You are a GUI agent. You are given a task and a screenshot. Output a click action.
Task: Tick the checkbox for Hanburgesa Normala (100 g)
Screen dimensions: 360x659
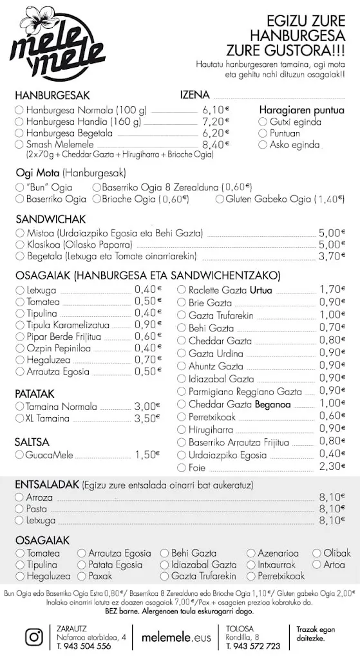tap(19, 109)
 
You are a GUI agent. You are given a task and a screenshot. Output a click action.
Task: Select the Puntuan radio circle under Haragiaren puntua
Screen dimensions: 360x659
tap(263, 133)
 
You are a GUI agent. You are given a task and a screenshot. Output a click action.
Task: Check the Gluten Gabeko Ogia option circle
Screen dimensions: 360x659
tap(219, 200)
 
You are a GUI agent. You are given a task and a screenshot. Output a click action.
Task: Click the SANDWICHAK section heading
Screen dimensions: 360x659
tap(46, 219)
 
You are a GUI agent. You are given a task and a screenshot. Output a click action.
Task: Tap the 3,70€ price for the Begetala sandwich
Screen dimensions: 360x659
tap(332, 256)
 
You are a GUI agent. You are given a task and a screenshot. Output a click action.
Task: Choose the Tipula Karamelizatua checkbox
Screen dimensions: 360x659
tap(19, 325)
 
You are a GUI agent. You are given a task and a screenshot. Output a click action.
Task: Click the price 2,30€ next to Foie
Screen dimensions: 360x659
tap(332, 467)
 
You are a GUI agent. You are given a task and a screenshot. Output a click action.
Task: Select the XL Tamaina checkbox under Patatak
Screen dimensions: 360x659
tap(19, 418)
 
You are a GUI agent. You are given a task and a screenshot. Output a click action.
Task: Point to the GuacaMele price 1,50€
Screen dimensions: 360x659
tap(146, 455)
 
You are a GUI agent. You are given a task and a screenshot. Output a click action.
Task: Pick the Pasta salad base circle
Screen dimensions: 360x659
tap(19, 508)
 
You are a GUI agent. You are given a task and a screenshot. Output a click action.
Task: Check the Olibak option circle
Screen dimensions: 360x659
tap(317, 553)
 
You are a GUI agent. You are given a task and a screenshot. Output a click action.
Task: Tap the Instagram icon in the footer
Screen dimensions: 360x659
tap(33, 636)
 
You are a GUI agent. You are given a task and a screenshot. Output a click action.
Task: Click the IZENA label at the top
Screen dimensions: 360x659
tap(194, 95)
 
